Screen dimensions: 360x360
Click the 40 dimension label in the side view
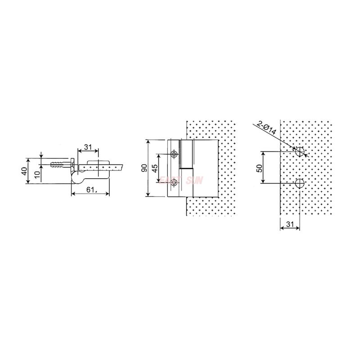pyautogui.click(x=24, y=171)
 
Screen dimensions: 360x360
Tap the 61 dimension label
pyautogui.click(x=90, y=189)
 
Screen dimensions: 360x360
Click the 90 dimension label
pyautogui.click(x=144, y=168)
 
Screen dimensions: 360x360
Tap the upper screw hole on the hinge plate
pyautogui.click(x=174, y=154)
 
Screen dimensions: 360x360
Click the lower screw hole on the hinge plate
pyautogui.click(x=174, y=182)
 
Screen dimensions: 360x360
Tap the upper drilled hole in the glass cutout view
pyautogui.click(x=300, y=151)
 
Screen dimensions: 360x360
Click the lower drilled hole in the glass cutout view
pyautogui.click(x=300, y=183)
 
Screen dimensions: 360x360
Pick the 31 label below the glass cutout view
pyautogui.click(x=289, y=224)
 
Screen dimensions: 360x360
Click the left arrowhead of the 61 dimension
pyautogui.click(x=73, y=194)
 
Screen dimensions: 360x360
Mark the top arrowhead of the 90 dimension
pyautogui.click(x=148, y=141)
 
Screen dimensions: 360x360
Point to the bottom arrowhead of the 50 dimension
pyautogui.click(x=264, y=181)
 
